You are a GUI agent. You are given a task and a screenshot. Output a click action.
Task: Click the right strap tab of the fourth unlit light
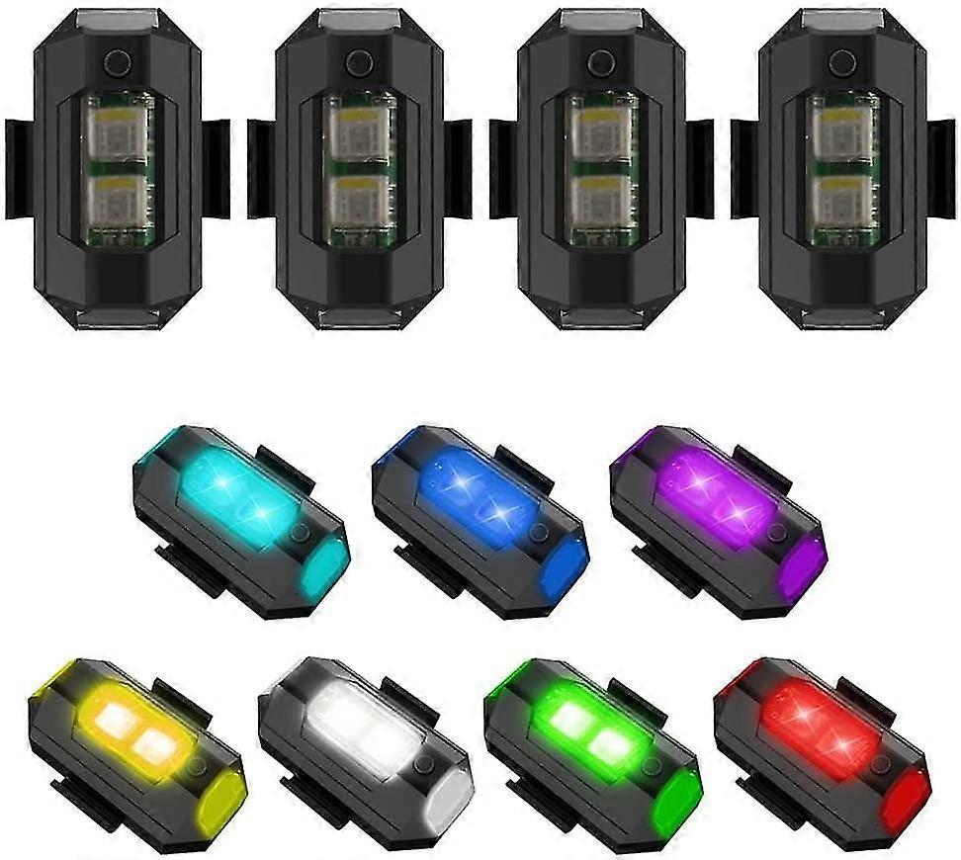click(940, 168)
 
